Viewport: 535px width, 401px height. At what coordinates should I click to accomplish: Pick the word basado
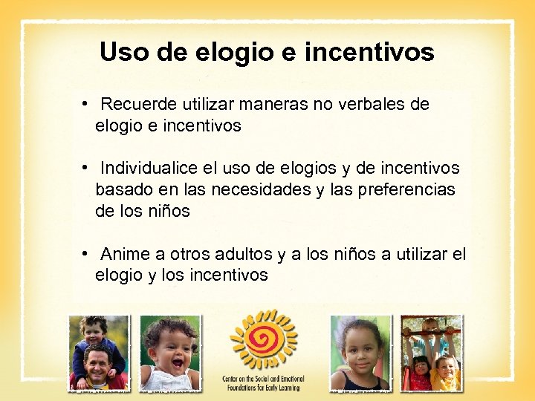tap(121, 190)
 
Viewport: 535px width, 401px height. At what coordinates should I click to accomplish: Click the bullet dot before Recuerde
tap(86, 104)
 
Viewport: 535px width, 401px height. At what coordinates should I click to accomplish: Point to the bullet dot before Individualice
tap(86, 169)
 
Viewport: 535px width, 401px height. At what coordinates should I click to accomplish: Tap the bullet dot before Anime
tap(86, 254)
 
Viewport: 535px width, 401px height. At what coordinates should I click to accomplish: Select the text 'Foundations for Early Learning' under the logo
tap(263, 386)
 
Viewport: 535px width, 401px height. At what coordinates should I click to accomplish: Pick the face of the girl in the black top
tap(360, 348)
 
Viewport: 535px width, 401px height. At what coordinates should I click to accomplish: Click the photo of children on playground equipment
tap(431, 353)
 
